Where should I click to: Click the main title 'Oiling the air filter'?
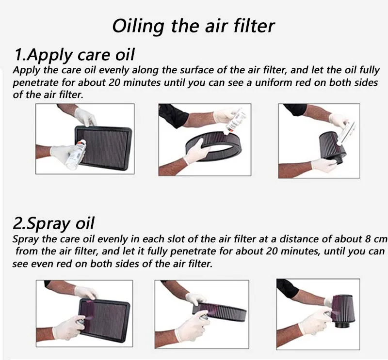point(193,26)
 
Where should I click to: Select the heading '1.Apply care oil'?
point(75,55)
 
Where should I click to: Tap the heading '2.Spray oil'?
point(53,223)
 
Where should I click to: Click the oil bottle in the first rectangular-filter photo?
point(76,154)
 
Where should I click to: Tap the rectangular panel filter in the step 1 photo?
point(103,148)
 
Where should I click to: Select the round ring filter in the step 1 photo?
point(215,146)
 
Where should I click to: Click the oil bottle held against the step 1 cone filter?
point(346,133)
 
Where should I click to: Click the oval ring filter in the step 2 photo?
point(220,312)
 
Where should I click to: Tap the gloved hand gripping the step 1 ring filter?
point(197,151)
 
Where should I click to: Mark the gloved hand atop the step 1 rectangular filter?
point(85,116)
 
